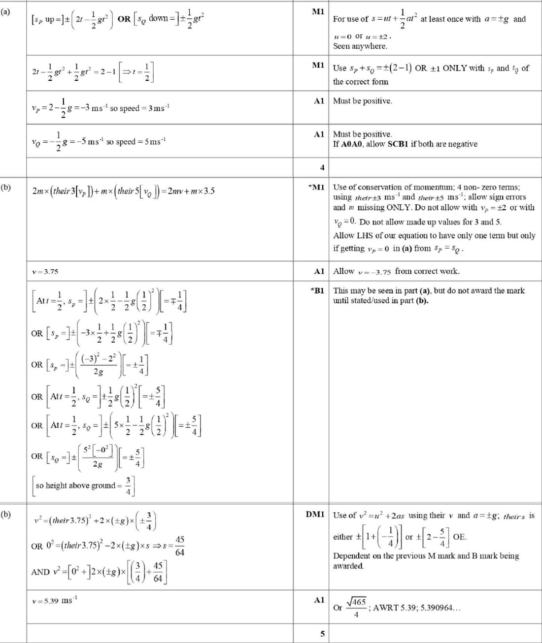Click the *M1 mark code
316,187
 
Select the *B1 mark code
317,290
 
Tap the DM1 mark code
315,514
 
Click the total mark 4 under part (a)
322,167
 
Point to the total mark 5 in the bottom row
322,634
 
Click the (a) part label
5,11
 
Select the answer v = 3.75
45,271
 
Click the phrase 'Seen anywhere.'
360,46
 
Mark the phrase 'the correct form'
361,82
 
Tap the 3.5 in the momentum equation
209,191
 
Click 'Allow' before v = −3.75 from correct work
343,271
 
